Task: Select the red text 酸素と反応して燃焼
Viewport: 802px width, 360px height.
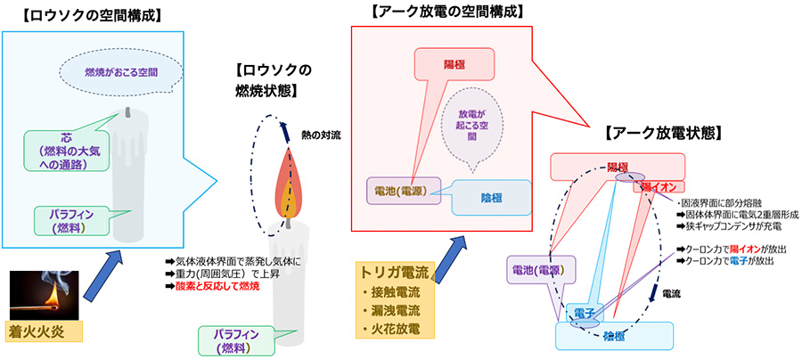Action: (x=212, y=287)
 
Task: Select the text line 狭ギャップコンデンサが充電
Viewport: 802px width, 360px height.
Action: (x=730, y=227)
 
